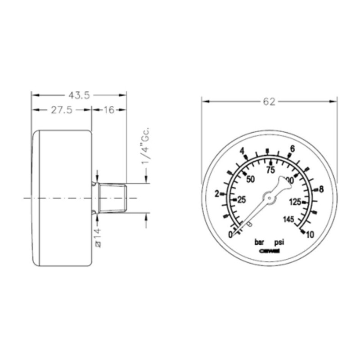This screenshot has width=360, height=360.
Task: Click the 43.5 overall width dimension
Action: (79, 95)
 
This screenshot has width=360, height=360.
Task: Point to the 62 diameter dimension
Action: (269, 102)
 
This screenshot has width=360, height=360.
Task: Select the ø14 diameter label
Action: (99, 237)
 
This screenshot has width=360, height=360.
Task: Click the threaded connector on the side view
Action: (113, 198)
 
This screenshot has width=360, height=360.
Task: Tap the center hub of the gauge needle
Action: (269, 197)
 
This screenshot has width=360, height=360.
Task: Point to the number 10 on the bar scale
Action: (310, 234)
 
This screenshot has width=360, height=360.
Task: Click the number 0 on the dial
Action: (231, 234)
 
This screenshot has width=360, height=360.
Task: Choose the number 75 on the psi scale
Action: (270, 170)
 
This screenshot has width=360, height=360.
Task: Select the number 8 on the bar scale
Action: (321, 189)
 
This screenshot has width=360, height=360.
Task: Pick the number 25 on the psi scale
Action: (242, 200)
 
